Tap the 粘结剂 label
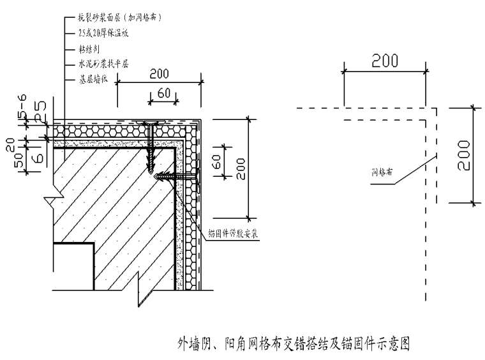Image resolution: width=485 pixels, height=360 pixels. pyautogui.click(x=89, y=48)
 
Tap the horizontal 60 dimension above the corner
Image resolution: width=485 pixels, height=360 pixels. pyautogui.click(x=163, y=93)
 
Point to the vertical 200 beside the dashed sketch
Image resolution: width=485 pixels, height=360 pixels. pyautogui.click(x=465, y=155)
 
